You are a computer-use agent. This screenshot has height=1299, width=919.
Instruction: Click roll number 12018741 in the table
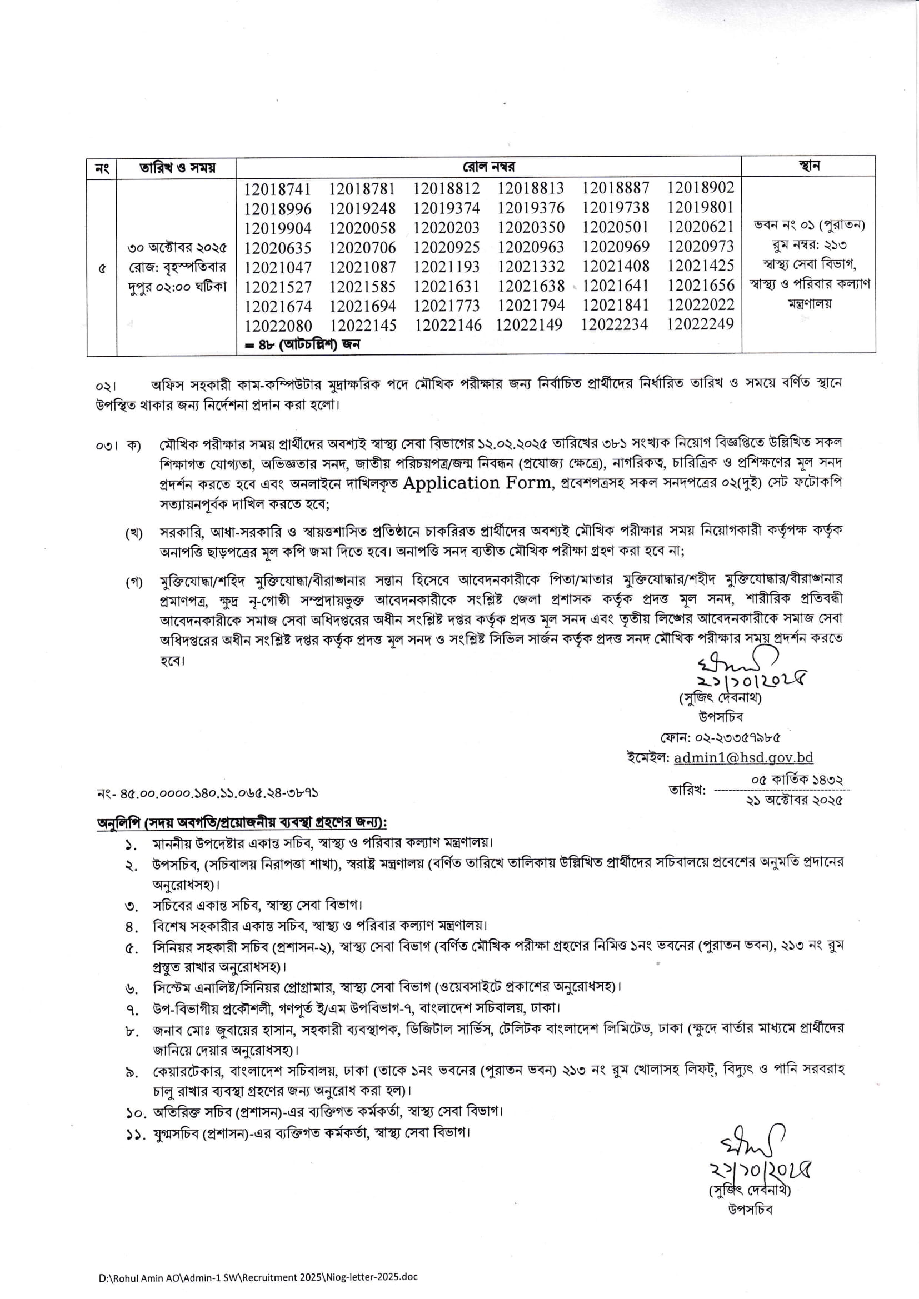click(x=277, y=189)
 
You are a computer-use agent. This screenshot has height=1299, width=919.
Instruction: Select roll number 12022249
click(x=700, y=324)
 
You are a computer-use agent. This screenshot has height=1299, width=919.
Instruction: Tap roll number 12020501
click(x=615, y=227)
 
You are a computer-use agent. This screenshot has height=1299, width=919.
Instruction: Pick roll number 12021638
click(x=531, y=286)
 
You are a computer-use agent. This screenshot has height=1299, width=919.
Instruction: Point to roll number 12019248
click(x=362, y=209)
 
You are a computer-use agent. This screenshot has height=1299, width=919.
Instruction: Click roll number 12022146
click(x=448, y=326)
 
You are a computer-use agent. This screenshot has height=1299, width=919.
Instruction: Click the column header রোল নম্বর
click(x=488, y=167)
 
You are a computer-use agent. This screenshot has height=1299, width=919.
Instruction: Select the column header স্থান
click(x=808, y=166)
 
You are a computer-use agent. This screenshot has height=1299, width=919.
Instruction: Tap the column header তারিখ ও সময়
click(x=177, y=168)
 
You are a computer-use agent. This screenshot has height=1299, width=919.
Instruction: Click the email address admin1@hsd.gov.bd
click(x=743, y=757)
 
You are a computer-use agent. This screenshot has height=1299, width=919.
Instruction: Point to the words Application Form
click(x=478, y=483)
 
